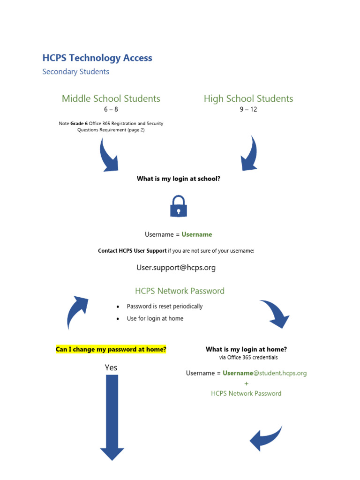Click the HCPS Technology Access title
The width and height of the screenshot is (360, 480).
[97, 58]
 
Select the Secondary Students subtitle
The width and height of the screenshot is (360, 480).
[75, 72]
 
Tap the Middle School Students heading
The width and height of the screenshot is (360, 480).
[111, 98]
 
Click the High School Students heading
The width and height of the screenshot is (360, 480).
[248, 98]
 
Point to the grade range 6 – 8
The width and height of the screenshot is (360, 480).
[111, 110]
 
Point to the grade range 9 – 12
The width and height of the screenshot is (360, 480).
[248, 110]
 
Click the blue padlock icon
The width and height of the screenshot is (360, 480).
[178, 207]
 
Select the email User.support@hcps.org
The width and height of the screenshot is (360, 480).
[176, 268]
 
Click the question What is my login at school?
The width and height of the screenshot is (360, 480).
[178, 179]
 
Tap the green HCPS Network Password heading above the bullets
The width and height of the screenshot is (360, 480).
[180, 291]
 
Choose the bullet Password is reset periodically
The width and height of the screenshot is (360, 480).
[165, 307]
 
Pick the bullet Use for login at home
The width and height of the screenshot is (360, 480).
[155, 319]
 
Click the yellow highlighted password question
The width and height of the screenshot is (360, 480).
[111, 349]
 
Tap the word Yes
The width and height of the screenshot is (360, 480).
[111, 368]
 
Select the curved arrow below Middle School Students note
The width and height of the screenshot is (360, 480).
[108, 156]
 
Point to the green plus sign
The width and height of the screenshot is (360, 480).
[247, 383]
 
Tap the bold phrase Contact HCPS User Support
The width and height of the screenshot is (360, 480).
[132, 251]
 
